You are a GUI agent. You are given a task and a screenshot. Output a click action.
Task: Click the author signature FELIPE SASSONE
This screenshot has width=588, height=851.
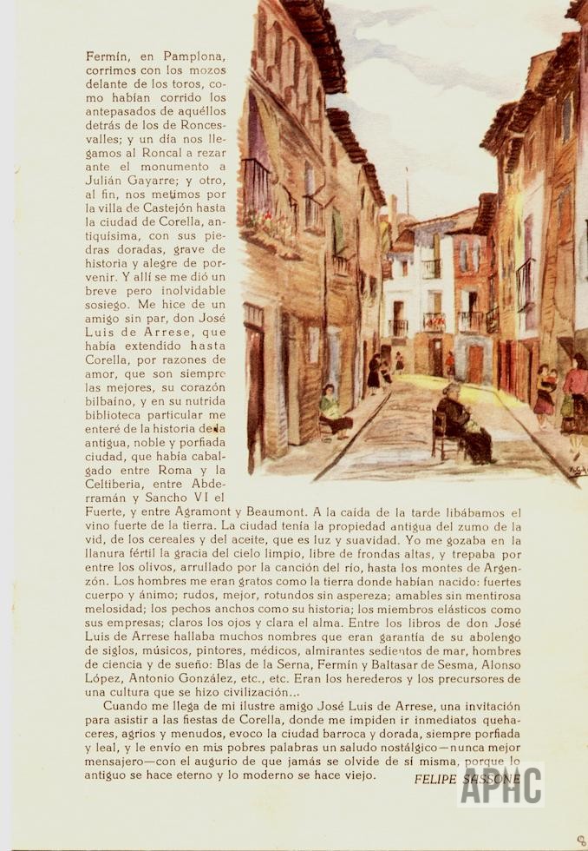click(467, 778)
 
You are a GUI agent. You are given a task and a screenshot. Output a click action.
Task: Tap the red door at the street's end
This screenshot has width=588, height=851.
click(474, 363)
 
